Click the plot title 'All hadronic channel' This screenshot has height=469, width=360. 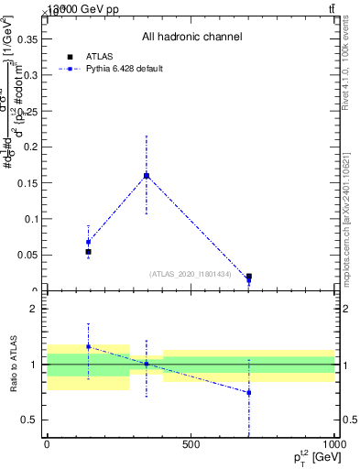[191, 38]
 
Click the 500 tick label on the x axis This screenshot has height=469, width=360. [191, 445]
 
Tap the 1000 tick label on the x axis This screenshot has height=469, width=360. [333, 445]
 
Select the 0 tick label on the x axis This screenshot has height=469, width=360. [47, 445]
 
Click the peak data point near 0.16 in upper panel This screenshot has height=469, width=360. [147, 175]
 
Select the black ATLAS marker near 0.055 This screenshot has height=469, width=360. [88, 251]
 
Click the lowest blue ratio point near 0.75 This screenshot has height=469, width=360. [248, 392]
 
